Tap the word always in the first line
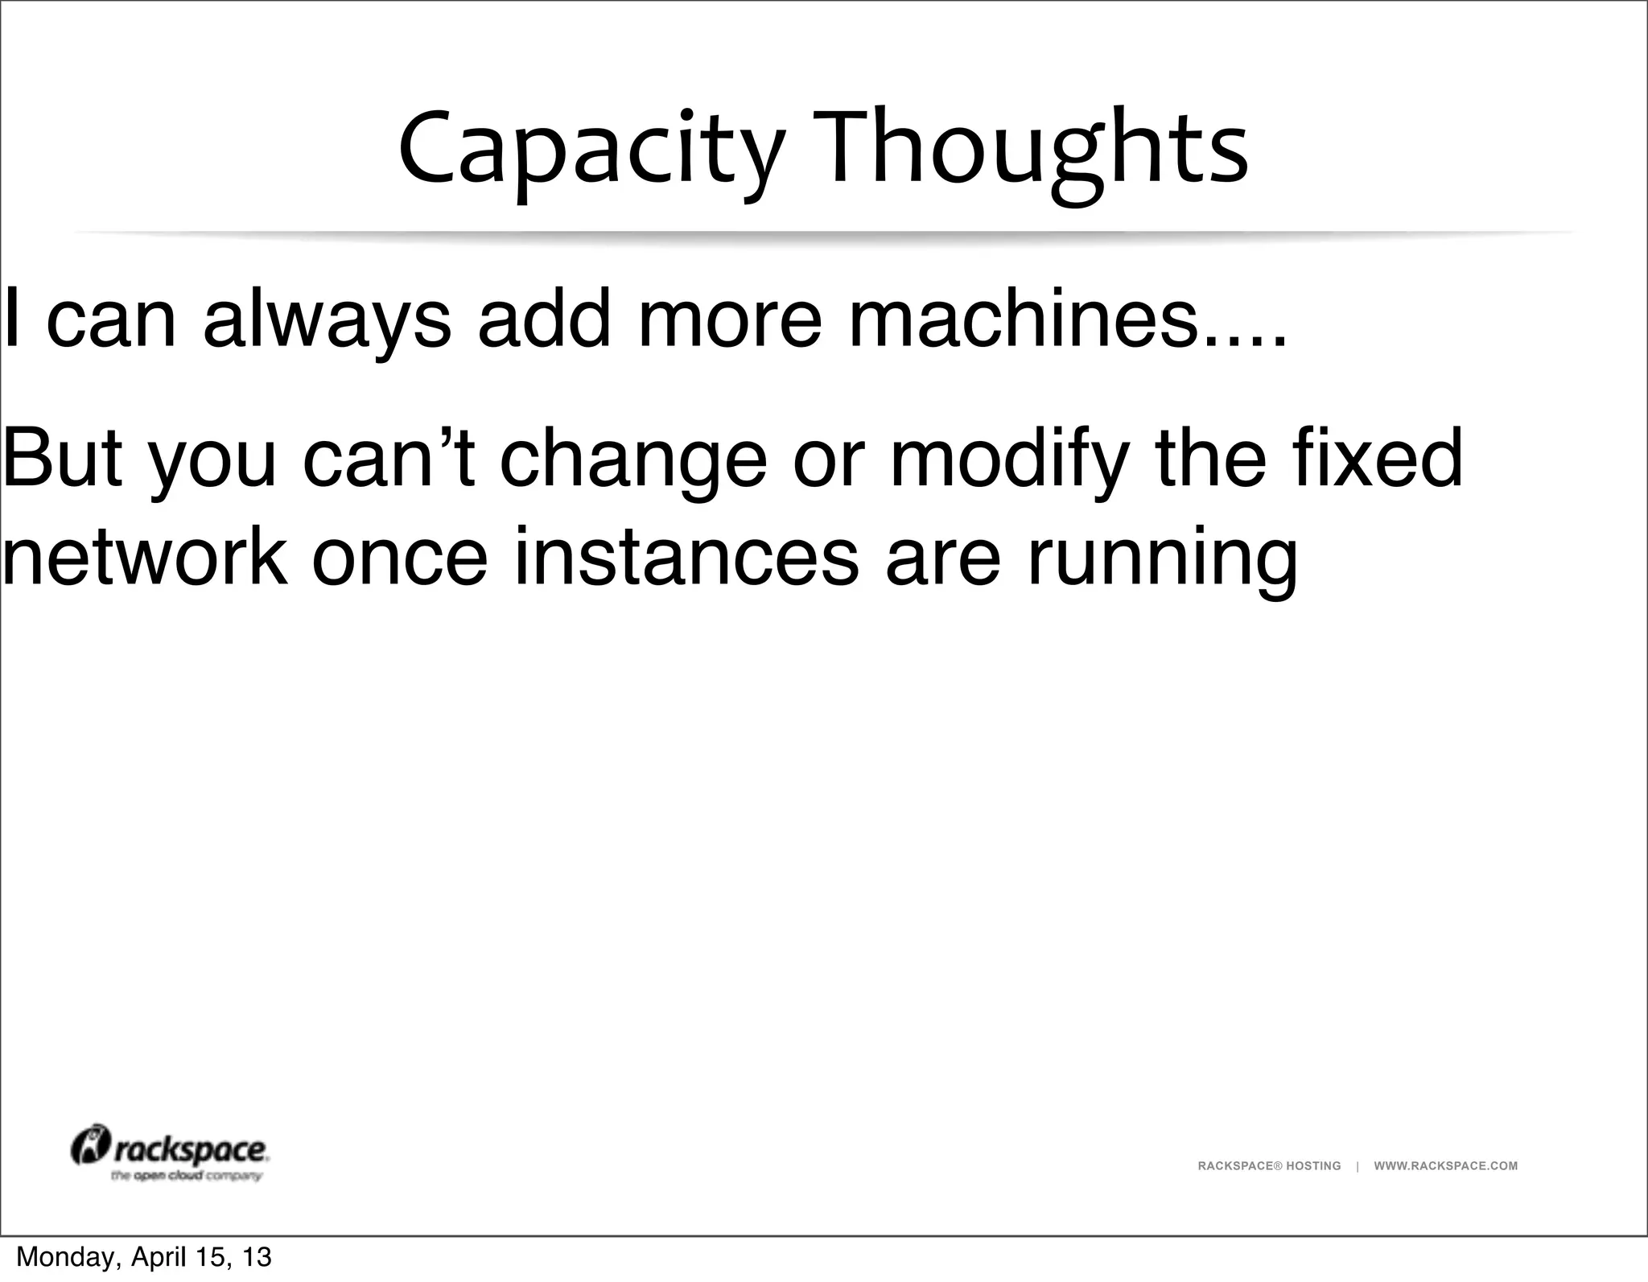click(x=327, y=319)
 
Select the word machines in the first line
click(x=1023, y=319)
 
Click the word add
click(x=544, y=319)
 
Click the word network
click(x=144, y=556)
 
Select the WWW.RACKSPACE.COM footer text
click(x=1445, y=1165)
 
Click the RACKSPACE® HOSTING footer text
click(x=1269, y=1165)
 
